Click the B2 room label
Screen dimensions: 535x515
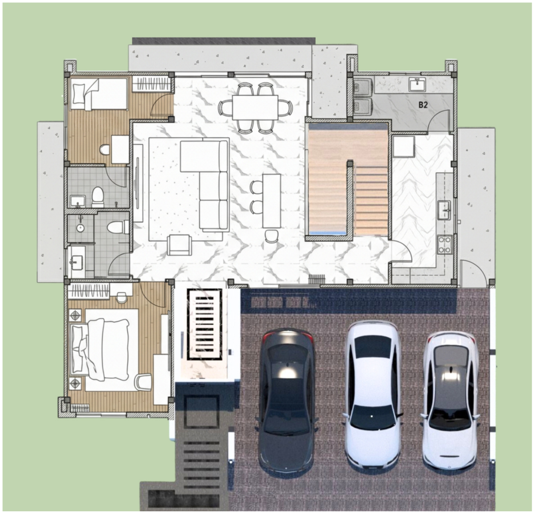423,105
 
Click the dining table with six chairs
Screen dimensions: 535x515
255,107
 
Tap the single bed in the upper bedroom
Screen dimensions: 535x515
99,94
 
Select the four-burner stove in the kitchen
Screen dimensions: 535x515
444,245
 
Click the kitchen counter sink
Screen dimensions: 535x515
444,210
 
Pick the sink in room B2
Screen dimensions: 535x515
417,84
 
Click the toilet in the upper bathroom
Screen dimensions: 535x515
98,197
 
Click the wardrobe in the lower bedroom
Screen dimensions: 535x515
89,291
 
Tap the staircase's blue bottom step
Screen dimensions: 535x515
328,233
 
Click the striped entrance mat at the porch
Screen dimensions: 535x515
205,324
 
